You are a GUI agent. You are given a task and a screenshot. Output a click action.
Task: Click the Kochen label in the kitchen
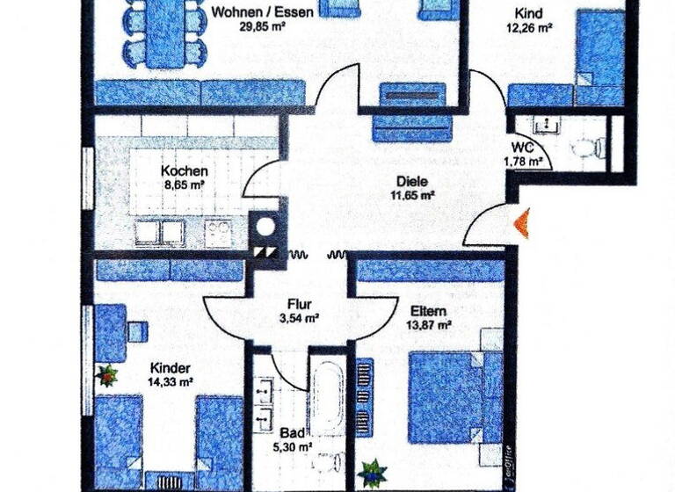(185, 171)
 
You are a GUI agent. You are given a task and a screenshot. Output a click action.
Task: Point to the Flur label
(301, 305)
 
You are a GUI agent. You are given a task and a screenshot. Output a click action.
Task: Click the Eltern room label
(428, 311)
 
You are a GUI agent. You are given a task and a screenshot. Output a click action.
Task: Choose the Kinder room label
(171, 368)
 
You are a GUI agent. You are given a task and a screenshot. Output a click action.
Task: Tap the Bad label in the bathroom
(292, 433)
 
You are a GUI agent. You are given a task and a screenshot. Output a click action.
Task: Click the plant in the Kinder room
(108, 376)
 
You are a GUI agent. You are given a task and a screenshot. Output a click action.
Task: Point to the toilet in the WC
(593, 144)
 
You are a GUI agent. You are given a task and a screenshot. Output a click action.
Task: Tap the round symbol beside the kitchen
(264, 228)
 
